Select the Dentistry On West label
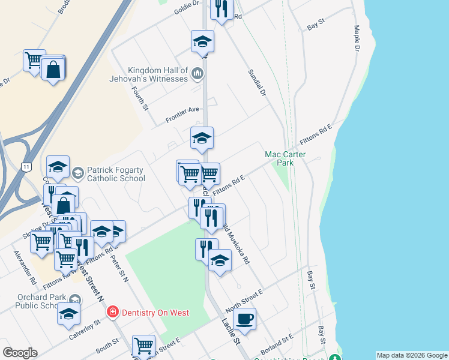point(155,313)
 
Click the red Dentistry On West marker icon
point(112,312)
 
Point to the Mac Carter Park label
point(286,158)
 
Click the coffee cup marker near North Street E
point(245,319)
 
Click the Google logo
point(20,353)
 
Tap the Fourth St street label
point(140,98)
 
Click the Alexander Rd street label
point(25,268)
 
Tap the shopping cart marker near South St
point(143,345)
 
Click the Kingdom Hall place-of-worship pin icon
point(198,74)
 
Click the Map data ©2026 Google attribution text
point(412,355)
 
